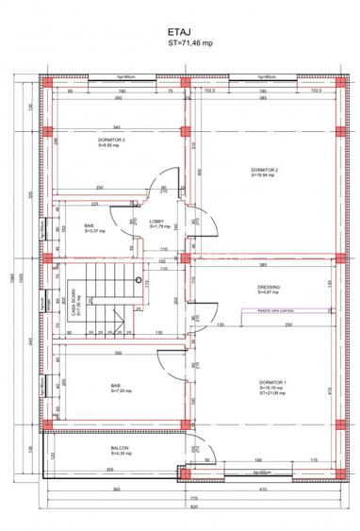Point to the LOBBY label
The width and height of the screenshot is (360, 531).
(157, 223)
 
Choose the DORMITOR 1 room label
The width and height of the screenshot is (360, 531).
(270, 384)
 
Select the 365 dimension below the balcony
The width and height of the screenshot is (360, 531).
(115, 490)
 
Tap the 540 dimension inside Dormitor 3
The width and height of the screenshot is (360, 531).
(117, 125)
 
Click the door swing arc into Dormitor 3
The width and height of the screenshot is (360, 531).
(166, 181)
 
